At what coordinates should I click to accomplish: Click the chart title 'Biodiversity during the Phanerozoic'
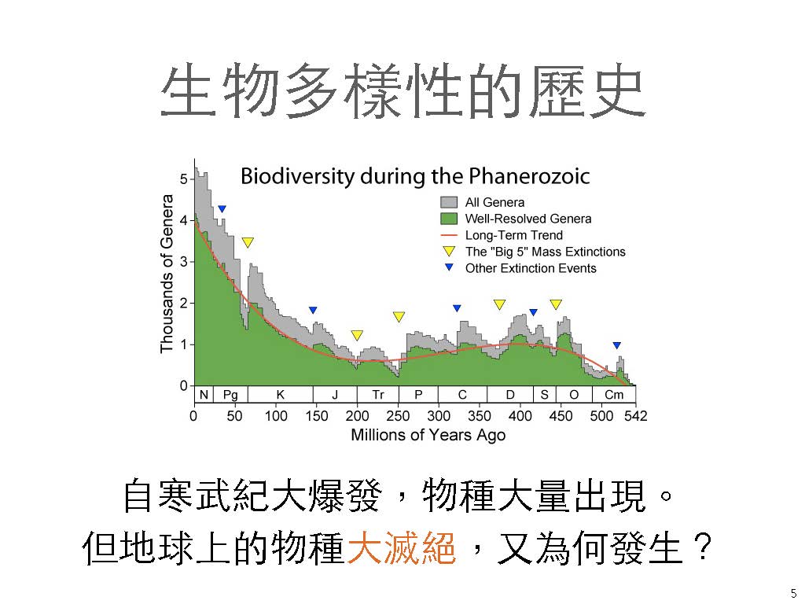(x=414, y=175)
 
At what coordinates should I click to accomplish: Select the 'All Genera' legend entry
(x=494, y=202)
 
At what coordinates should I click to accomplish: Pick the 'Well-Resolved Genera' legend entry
(x=527, y=219)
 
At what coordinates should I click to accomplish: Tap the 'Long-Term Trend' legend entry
(x=513, y=235)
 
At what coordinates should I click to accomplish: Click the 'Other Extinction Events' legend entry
(x=531, y=268)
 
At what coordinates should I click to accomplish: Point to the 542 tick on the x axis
(x=635, y=416)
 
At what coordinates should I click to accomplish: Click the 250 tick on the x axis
(x=399, y=416)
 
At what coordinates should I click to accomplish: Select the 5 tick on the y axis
(x=183, y=179)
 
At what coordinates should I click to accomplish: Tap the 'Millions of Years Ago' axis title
(x=428, y=435)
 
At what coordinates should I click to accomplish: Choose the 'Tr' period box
(x=378, y=394)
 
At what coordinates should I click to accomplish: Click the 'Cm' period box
(x=613, y=394)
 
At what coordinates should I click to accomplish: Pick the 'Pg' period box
(x=230, y=394)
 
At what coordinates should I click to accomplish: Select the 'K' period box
(x=281, y=394)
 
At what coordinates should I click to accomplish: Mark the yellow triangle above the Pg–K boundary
(x=248, y=243)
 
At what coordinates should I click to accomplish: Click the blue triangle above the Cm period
(x=617, y=345)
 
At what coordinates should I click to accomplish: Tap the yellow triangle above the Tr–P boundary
(x=399, y=317)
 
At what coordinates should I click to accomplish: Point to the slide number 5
(x=793, y=593)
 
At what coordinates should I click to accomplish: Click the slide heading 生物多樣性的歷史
(x=402, y=92)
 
